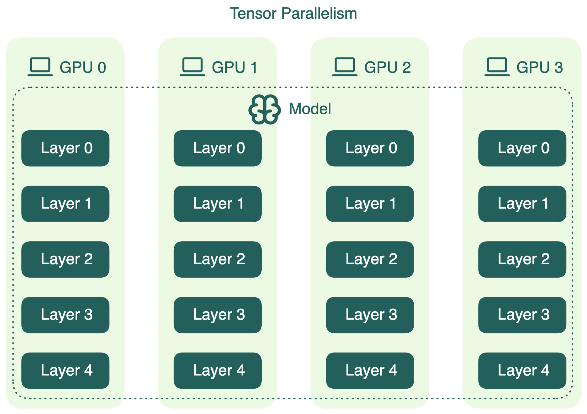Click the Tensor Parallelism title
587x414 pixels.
(293, 13)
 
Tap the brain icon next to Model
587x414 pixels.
(264, 109)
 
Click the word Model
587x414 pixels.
(310, 109)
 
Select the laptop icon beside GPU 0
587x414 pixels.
(40, 67)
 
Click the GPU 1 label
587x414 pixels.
(234, 67)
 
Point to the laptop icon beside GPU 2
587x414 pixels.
(345, 67)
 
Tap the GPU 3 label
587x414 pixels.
(539, 67)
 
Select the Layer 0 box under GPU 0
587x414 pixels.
(65, 148)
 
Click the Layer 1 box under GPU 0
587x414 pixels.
(65, 204)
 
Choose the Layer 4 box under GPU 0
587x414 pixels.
(65, 371)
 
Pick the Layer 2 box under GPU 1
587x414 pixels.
(217, 259)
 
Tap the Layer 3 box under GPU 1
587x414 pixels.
(217, 315)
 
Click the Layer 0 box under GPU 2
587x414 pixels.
(370, 148)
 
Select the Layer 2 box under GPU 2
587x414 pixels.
(370, 259)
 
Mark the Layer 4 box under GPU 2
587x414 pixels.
(370, 371)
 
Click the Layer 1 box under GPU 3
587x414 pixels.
(522, 204)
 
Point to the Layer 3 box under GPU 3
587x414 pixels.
(522, 315)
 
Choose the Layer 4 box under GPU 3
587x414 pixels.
(522, 371)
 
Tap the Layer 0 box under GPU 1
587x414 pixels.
(217, 148)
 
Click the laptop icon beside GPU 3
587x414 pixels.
(497, 67)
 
